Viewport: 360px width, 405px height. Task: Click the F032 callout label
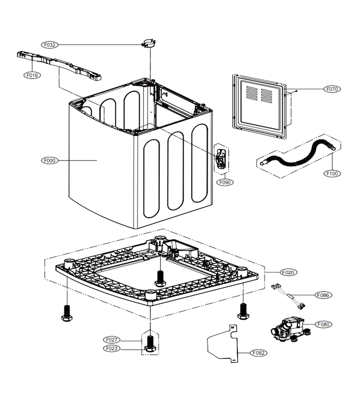[x=49, y=45]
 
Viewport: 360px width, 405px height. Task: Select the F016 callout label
[x=32, y=75]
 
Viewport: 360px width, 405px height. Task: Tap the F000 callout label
[x=49, y=160]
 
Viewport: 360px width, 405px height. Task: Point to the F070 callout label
[x=332, y=89]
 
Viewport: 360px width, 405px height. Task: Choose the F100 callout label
[x=332, y=174]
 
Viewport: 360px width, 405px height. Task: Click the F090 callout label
[x=225, y=182]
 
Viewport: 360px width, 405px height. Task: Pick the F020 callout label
[x=288, y=272]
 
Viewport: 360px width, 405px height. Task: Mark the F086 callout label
[x=323, y=295]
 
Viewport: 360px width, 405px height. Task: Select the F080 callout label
[x=324, y=324]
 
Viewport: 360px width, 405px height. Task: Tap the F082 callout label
[x=258, y=353]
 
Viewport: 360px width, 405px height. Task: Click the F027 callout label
[x=112, y=340]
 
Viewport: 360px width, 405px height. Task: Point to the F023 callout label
[x=112, y=348]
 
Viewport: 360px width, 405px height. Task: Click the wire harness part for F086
[x=288, y=297]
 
